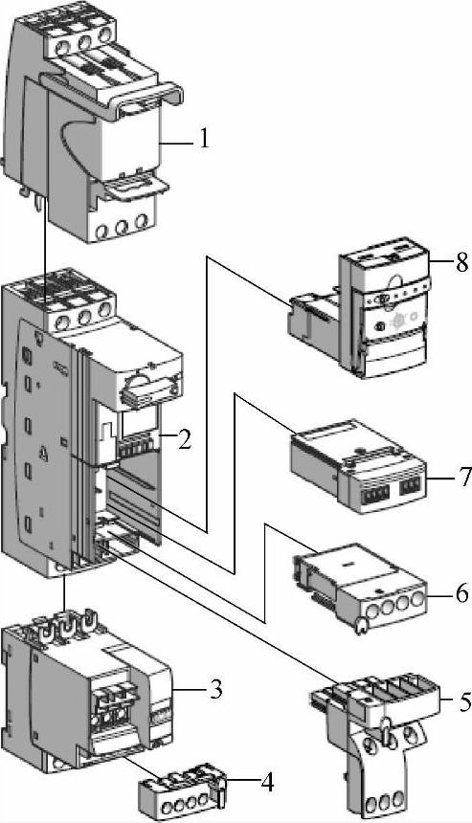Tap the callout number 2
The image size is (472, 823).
coord(184,440)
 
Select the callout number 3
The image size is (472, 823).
coord(216,690)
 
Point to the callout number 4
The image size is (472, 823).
coord(267,783)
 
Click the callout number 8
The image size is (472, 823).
coord(462,263)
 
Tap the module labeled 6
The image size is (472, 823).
coord(360,587)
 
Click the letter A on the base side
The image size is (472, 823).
coord(44,454)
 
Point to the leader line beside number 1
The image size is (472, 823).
coord(176,142)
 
